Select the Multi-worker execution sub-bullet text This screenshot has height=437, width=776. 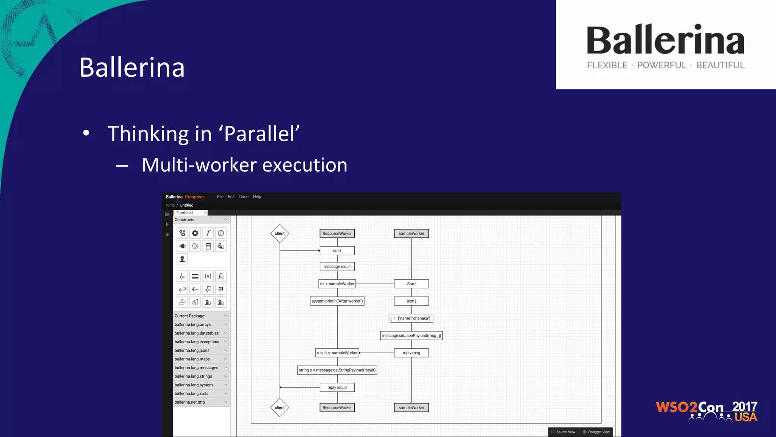point(244,165)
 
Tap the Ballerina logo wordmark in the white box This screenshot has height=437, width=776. point(665,41)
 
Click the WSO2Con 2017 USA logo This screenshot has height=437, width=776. point(706,411)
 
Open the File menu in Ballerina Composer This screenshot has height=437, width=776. point(220,196)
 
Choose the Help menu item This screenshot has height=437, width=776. point(257,196)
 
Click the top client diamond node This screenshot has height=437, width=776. point(280,234)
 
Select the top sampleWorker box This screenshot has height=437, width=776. point(411,234)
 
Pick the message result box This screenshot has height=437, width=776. point(337,267)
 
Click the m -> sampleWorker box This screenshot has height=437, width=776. point(337,284)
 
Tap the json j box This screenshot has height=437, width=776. point(411,301)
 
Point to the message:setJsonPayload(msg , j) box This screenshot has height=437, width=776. point(411,336)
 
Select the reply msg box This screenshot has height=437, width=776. point(411,353)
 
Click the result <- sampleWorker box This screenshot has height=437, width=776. point(337,353)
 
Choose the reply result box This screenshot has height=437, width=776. point(337,387)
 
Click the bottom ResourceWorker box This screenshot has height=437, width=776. point(337,408)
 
